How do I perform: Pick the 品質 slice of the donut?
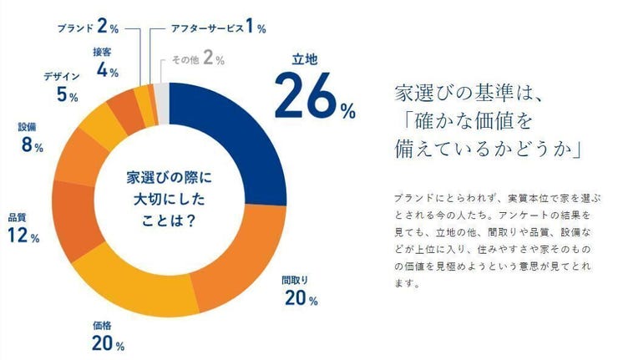tap(73, 210)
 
